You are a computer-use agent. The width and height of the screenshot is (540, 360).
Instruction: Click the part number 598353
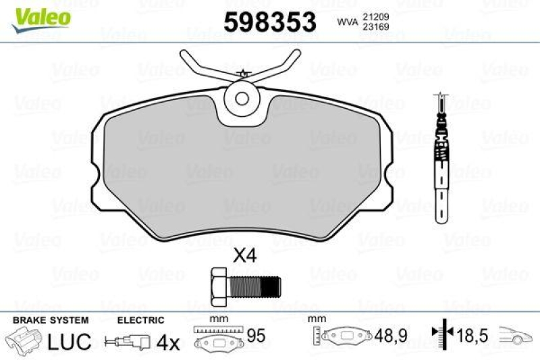pyautogui.click(x=270, y=22)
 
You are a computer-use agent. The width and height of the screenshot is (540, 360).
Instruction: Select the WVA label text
pyautogui.click(x=346, y=22)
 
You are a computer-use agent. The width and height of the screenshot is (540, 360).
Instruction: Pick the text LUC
pyautogui.click(x=69, y=341)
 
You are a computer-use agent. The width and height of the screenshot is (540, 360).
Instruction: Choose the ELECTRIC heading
pyautogui.click(x=141, y=320)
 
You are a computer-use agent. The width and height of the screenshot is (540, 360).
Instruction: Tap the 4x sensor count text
pyautogui.click(x=168, y=342)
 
